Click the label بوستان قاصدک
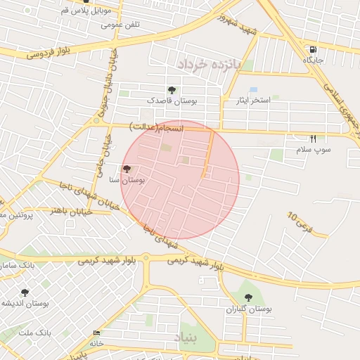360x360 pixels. point(172,101)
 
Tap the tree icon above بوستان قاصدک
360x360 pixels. point(172,90)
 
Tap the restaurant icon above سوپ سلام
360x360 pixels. point(313,139)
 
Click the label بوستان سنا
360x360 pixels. point(127,181)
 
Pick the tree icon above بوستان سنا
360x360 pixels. point(127,169)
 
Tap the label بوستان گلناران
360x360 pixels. point(248,309)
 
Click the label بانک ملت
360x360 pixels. point(17,332)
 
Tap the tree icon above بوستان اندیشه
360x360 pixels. point(25,292)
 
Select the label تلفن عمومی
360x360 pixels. point(120,25)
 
